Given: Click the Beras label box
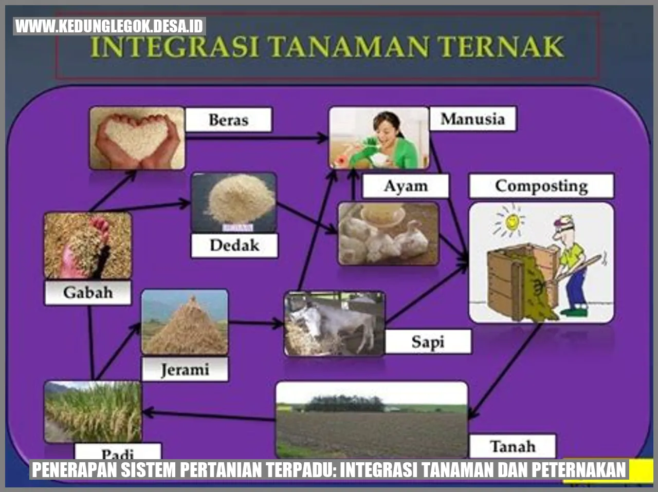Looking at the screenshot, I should tap(228, 120).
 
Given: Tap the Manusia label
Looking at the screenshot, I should tap(472, 119).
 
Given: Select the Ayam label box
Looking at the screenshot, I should tap(405, 186).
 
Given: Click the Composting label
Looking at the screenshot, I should tap(541, 186).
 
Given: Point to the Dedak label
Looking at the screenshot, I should tap(234, 245).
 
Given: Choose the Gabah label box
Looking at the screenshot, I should tap(87, 292).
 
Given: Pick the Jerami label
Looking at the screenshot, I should tap(185, 369).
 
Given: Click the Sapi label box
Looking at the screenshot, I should tap(427, 342).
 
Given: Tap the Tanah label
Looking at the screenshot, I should tap(512, 446).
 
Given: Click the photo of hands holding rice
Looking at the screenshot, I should tap(137, 138).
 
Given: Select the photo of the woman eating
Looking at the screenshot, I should tap(379, 138).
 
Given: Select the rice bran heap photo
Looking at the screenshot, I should tap(234, 202).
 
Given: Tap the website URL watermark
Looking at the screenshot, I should tap(109, 26).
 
